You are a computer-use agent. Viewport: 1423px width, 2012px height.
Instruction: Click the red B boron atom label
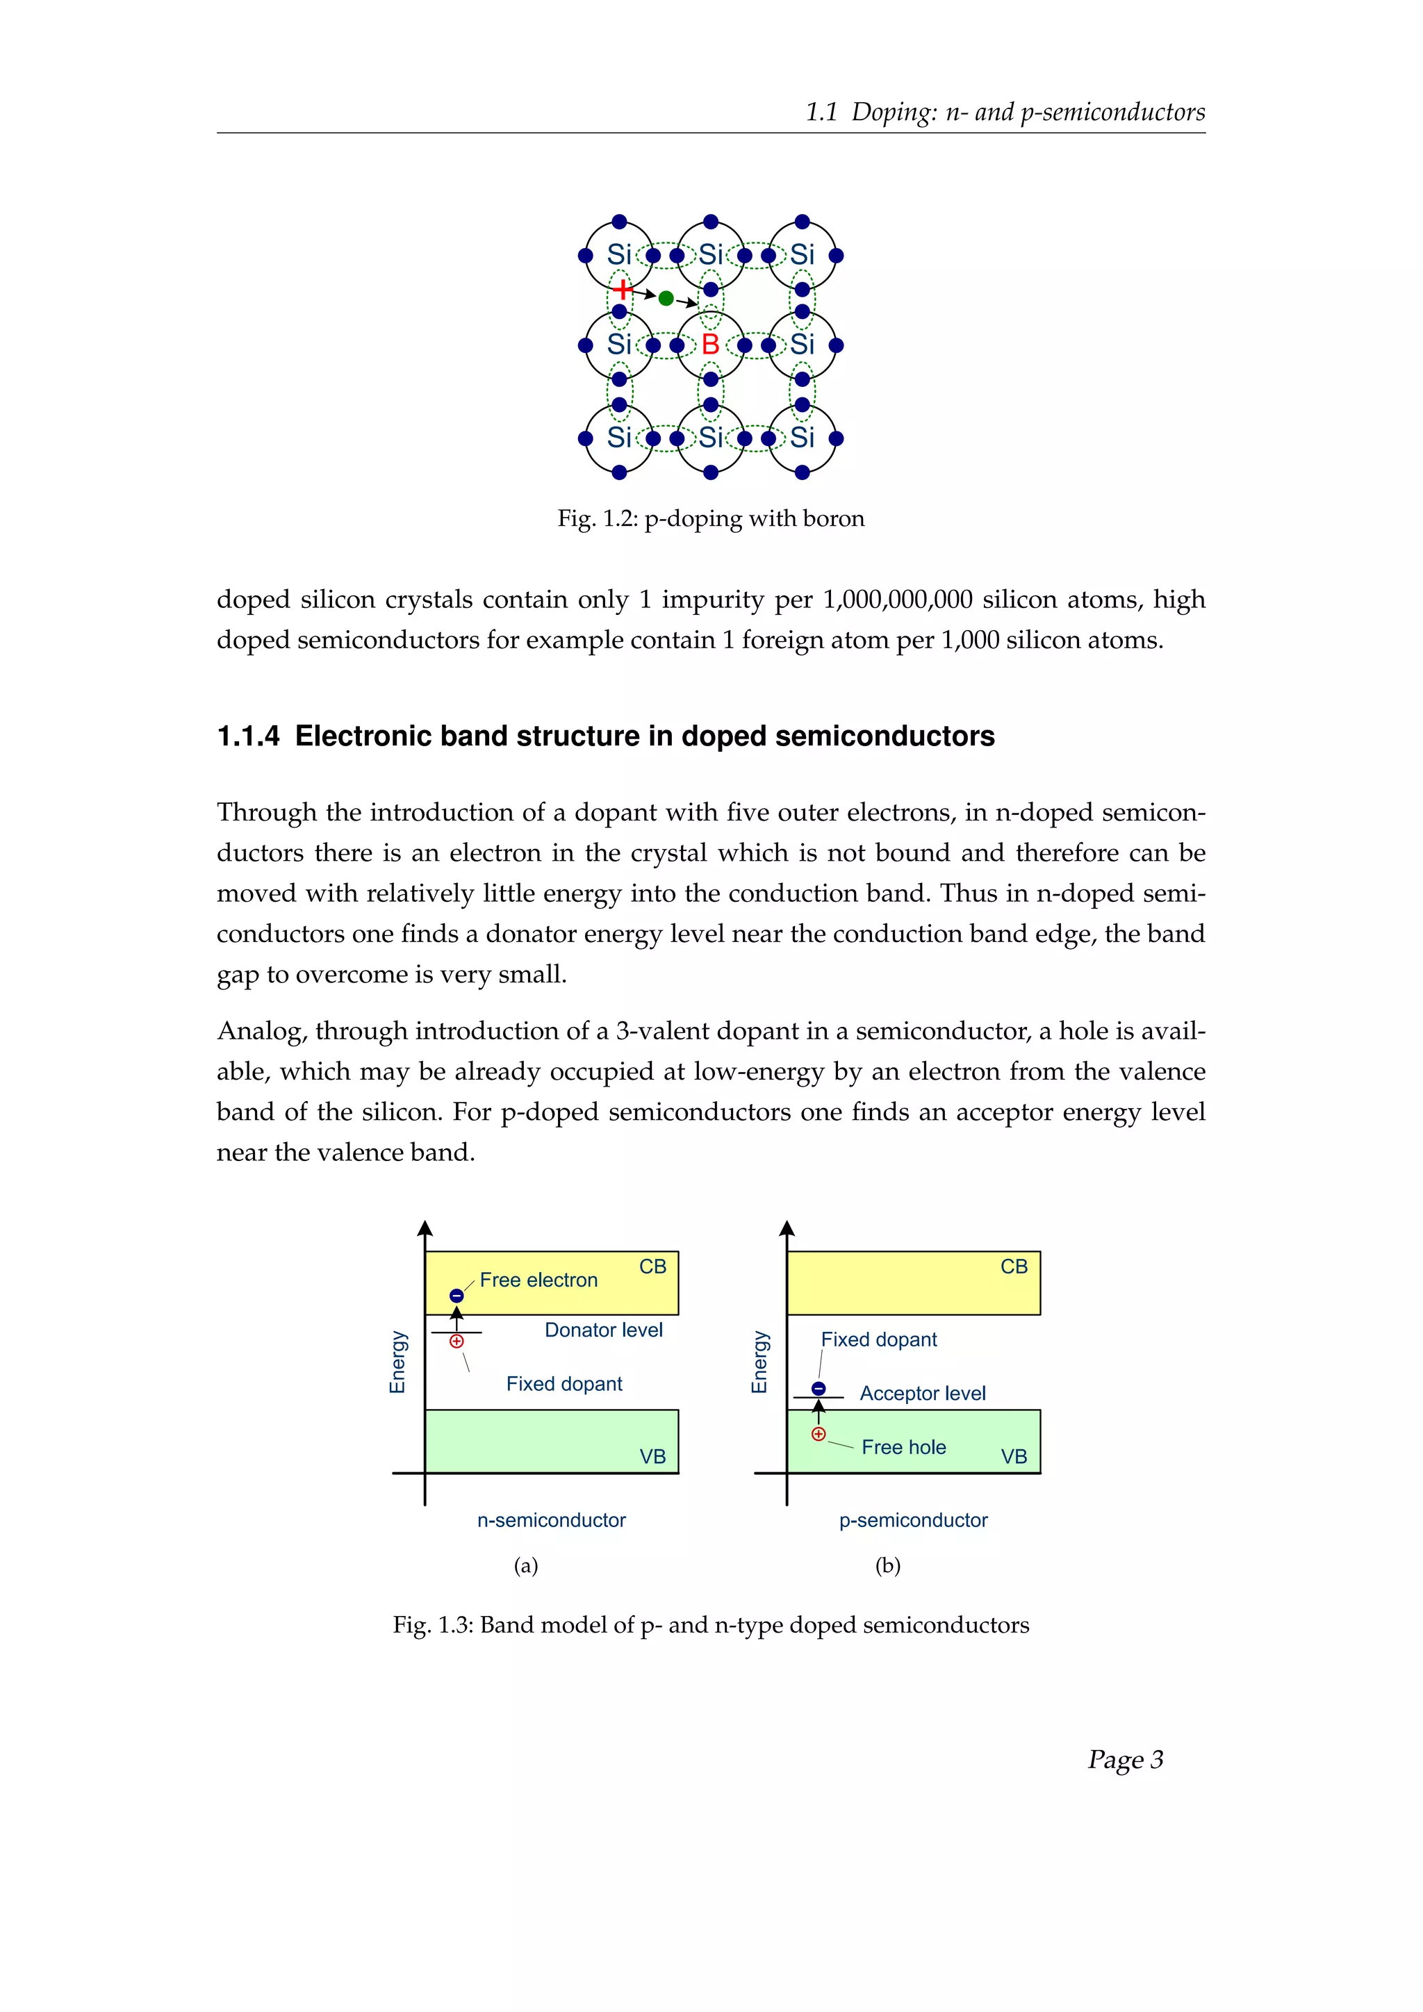point(711,345)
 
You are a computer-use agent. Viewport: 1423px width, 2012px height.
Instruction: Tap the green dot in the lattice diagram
point(666,299)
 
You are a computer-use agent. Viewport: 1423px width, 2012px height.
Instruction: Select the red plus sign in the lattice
point(621,289)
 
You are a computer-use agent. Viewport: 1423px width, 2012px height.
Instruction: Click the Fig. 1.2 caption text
point(711,519)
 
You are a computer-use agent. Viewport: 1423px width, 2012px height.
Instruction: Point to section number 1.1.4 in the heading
point(248,736)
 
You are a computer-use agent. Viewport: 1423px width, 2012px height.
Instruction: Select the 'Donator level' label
point(604,1330)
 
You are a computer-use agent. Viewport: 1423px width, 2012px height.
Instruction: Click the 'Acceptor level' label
point(923,1394)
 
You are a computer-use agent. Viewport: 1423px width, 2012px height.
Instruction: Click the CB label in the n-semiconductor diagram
point(653,1267)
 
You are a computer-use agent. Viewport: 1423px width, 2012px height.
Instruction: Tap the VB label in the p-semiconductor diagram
point(1014,1456)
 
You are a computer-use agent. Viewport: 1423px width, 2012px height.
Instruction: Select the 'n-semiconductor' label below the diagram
point(551,1520)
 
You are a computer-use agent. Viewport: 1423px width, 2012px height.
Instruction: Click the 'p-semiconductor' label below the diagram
point(913,1520)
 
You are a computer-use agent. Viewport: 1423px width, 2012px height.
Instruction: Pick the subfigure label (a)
point(526,1566)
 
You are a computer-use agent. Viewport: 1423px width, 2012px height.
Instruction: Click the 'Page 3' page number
point(1125,1760)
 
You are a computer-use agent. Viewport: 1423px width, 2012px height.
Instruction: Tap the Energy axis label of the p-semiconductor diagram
point(759,1362)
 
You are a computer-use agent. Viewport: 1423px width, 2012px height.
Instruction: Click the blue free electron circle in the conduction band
point(456,1296)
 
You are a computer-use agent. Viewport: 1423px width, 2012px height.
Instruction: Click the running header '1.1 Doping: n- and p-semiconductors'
point(1005,112)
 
